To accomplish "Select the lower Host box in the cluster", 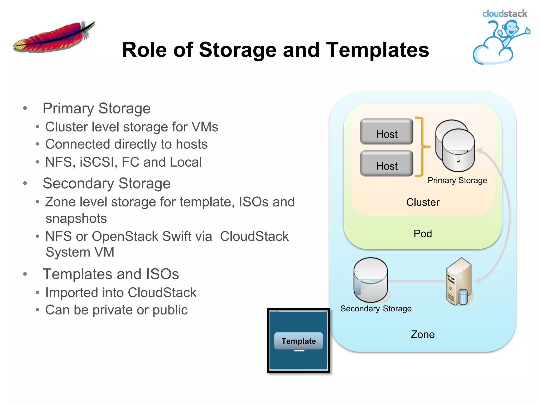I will pyautogui.click(x=387, y=164).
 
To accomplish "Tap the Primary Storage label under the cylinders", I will pyautogui.click(x=457, y=180).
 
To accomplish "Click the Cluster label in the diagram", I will pyautogui.click(x=423, y=202).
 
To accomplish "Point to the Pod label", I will pyautogui.click(x=423, y=234).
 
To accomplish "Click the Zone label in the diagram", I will pyautogui.click(x=423, y=334).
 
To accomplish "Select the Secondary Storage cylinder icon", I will pyautogui.click(x=370, y=280).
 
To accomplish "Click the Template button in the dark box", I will pyautogui.click(x=298, y=341).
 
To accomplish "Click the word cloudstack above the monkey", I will pyautogui.click(x=505, y=14).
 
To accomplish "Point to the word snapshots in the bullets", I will pyautogui.click(x=76, y=219).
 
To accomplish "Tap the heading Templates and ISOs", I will pyautogui.click(x=111, y=274).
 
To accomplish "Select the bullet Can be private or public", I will pyautogui.click(x=116, y=310).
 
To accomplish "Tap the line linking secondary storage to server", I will pyautogui.click(x=417, y=281).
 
